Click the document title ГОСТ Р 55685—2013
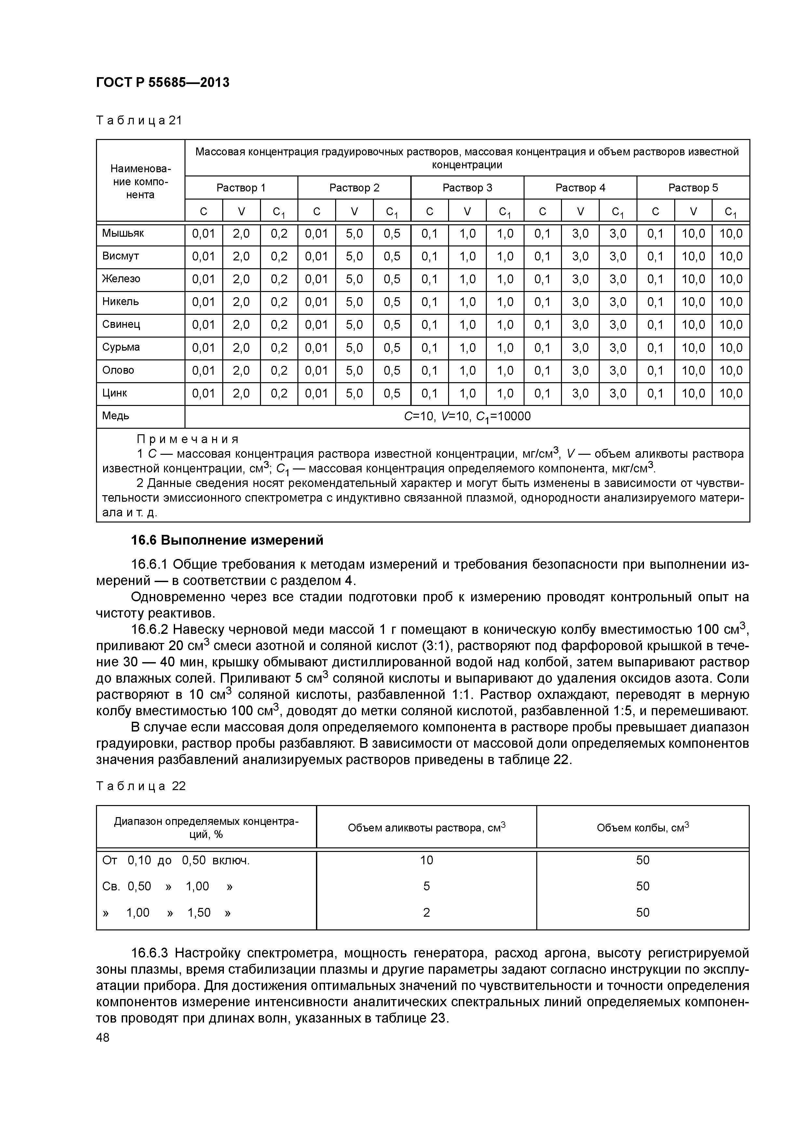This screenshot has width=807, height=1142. click(x=163, y=83)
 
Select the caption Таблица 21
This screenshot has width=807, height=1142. click(x=139, y=120)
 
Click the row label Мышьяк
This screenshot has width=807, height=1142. click(x=123, y=233)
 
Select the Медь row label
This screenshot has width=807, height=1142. click(x=116, y=416)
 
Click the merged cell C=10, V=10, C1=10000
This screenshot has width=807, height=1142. click(x=467, y=416)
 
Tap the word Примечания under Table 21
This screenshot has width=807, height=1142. click(x=187, y=439)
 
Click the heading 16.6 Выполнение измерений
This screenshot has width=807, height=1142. click(x=227, y=540)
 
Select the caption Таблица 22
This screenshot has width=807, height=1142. click(x=141, y=786)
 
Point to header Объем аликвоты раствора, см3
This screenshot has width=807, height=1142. click(x=426, y=828)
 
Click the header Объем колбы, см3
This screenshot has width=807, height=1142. click(x=642, y=828)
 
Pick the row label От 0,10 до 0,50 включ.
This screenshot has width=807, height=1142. click(x=175, y=860)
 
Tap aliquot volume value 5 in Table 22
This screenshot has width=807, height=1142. click(x=426, y=886)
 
